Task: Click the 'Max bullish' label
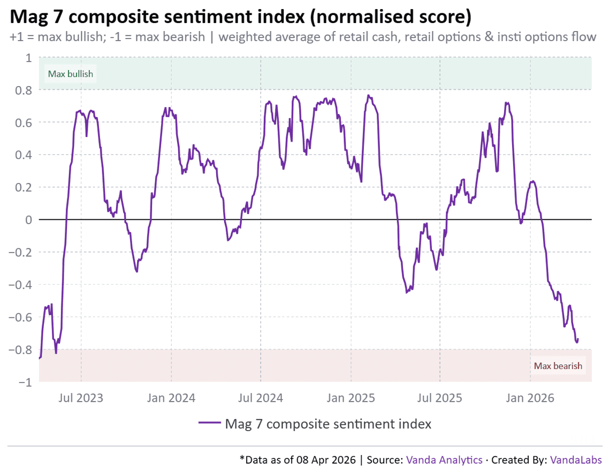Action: (x=71, y=74)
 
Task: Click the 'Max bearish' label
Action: (x=558, y=366)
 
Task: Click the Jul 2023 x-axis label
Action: (x=81, y=399)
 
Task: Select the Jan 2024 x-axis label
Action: (x=172, y=399)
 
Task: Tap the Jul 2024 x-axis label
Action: (x=261, y=399)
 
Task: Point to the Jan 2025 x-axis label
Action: (x=351, y=399)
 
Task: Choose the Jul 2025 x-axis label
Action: (x=440, y=399)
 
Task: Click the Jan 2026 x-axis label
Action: (x=530, y=399)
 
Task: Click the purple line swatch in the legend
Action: (x=209, y=424)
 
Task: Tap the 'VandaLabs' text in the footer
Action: (x=576, y=460)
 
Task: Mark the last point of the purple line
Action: (x=578, y=339)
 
